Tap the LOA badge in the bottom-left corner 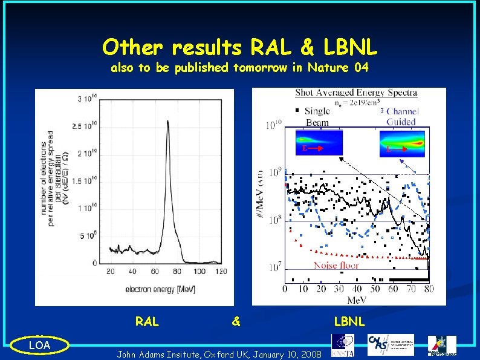click(41, 345)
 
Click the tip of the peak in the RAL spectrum click(167, 121)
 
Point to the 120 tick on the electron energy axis click(221, 272)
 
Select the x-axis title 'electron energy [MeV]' click(160, 289)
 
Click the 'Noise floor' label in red click(336, 265)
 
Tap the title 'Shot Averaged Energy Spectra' click(355, 93)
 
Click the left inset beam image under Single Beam click(319, 143)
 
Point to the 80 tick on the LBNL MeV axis click(429, 289)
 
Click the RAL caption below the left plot click(147, 322)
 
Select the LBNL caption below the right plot click(349, 322)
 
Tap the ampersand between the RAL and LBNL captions click(236, 322)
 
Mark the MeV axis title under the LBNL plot click(357, 299)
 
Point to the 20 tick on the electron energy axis click(111, 272)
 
